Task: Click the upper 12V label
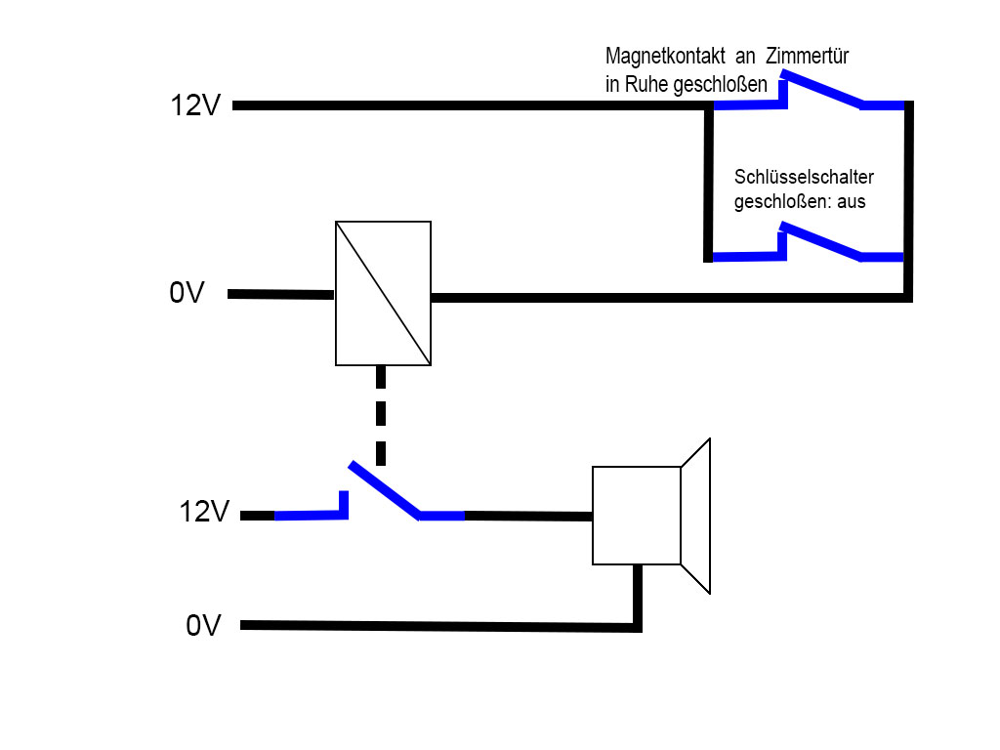[195, 105]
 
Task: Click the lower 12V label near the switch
[203, 512]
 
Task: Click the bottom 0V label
[203, 625]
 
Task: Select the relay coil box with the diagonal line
[383, 293]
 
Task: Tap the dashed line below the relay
[381, 414]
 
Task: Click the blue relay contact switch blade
[384, 489]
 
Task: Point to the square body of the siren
[636, 515]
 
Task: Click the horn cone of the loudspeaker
[695, 516]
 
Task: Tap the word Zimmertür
[808, 57]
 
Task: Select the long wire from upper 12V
[469, 105]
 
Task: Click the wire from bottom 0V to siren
[439, 626]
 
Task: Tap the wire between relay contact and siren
[527, 516]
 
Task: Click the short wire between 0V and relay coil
[281, 293]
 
